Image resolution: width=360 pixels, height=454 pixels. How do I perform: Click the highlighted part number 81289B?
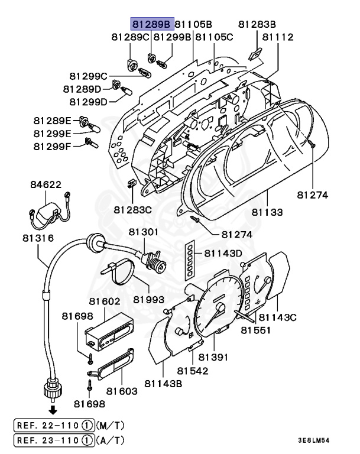coord(151,24)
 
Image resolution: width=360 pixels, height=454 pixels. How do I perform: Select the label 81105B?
coord(193,24)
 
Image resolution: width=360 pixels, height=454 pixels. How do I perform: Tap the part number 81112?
coord(278,37)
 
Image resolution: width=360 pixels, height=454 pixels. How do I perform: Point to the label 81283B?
coord(257,24)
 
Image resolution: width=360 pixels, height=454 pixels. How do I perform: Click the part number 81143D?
coord(224,253)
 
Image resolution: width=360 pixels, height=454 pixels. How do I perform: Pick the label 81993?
coord(147,300)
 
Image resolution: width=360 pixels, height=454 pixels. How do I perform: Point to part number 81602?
coord(105,301)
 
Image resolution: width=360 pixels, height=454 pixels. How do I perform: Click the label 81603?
coord(122,391)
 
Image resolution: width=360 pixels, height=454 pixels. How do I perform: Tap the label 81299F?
coord(52,145)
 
